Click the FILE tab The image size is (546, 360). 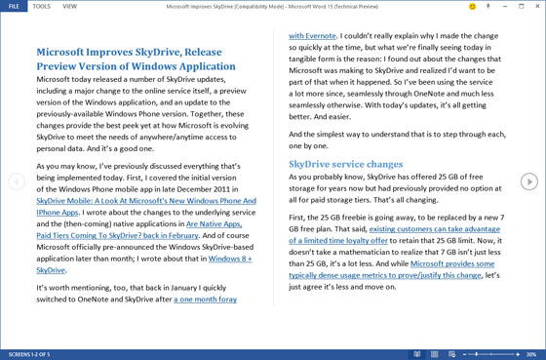(x=14, y=6)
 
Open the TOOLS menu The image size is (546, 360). (x=42, y=6)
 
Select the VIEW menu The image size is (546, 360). (x=69, y=6)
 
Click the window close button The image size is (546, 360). (x=537, y=6)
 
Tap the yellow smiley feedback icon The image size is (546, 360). (x=472, y=6)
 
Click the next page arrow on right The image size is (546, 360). (x=528, y=181)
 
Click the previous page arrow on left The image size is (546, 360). (x=17, y=181)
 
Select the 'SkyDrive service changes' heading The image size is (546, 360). (x=345, y=164)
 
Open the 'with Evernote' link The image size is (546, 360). (x=313, y=35)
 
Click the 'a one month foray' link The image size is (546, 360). (x=205, y=300)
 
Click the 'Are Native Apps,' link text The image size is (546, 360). (x=213, y=223)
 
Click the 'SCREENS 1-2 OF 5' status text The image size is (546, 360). (x=29, y=354)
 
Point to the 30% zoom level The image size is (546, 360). (x=530, y=354)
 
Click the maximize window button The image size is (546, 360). (x=522, y=6)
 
